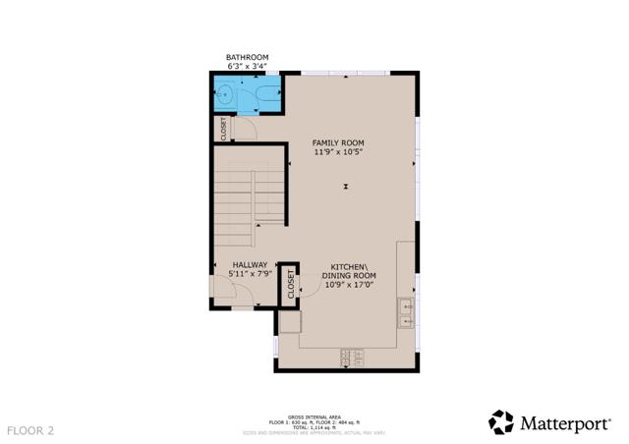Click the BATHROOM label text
(x=247, y=57)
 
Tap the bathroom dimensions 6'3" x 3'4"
(x=247, y=66)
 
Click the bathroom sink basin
(x=225, y=96)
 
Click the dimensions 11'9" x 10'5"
(x=338, y=152)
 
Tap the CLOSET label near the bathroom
(x=224, y=128)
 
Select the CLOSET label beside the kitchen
(x=291, y=286)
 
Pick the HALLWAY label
(x=250, y=264)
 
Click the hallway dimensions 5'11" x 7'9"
(x=250, y=274)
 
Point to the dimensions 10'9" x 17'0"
(x=349, y=286)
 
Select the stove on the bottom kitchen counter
(x=351, y=360)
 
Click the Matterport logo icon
(x=501, y=422)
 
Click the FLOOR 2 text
(x=30, y=430)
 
